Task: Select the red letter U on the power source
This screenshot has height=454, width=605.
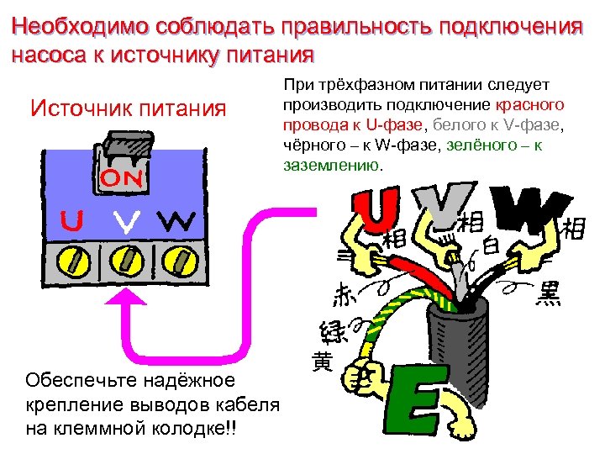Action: pos(71,221)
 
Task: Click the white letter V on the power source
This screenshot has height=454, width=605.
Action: pos(125,223)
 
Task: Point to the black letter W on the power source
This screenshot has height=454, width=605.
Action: pos(176,222)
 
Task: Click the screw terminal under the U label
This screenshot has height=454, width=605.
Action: pos(71,260)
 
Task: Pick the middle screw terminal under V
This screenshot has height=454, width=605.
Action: pos(125,260)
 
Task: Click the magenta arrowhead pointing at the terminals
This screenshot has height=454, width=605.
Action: pos(125,298)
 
